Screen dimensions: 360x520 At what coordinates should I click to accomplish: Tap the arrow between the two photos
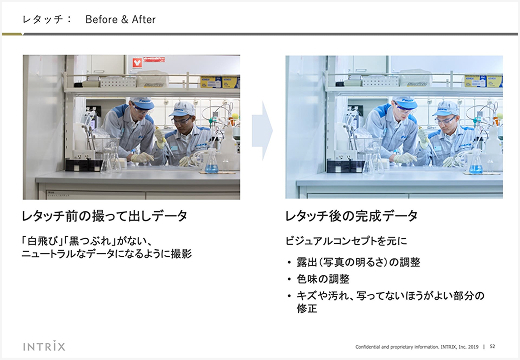[262, 127]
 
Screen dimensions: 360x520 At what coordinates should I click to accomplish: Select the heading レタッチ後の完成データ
[351, 216]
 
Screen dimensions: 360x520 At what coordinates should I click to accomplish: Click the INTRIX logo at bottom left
[45, 346]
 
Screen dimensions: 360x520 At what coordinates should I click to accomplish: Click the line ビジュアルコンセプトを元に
[345, 240]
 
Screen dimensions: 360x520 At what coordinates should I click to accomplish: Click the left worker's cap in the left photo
[143, 102]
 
